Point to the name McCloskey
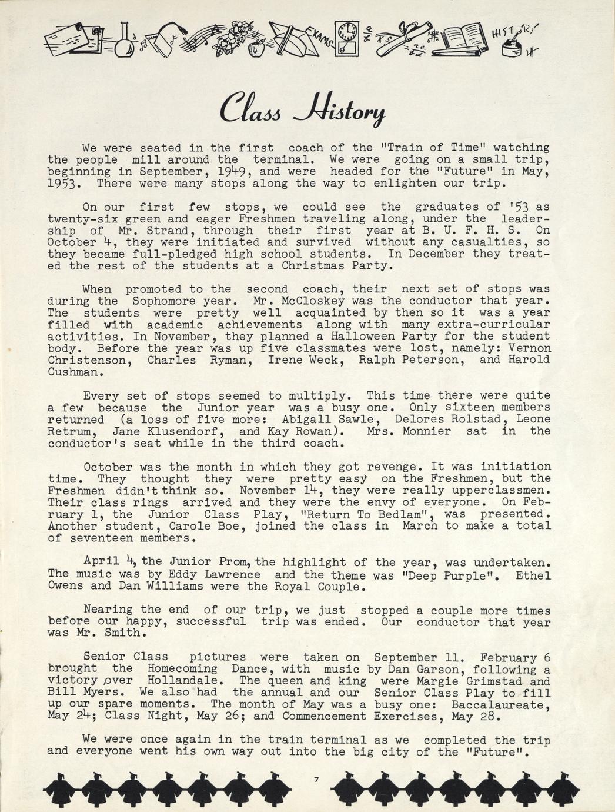[299, 301]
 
